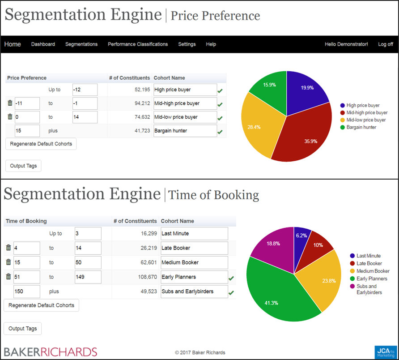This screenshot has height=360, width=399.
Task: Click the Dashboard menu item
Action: point(43,44)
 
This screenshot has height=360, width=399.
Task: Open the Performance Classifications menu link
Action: point(138,44)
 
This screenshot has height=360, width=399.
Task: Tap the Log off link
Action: point(386,44)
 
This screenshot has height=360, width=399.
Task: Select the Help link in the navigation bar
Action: point(211,44)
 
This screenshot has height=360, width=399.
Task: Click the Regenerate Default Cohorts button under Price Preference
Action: point(41,144)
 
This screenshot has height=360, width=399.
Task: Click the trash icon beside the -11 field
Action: point(10,103)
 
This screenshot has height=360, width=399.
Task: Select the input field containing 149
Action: point(88,277)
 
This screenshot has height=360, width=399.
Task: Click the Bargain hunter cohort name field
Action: point(185,131)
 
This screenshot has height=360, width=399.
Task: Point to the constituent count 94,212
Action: point(139,103)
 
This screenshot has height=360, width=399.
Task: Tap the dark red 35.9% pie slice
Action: point(300,134)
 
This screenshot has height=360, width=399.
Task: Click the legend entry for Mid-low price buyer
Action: point(366,120)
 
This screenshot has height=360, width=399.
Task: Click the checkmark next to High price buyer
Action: point(220,91)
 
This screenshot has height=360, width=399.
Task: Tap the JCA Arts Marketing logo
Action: point(385,352)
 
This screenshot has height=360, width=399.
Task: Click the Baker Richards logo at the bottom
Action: point(51,351)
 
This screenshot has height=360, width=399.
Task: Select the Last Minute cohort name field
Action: point(194,234)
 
